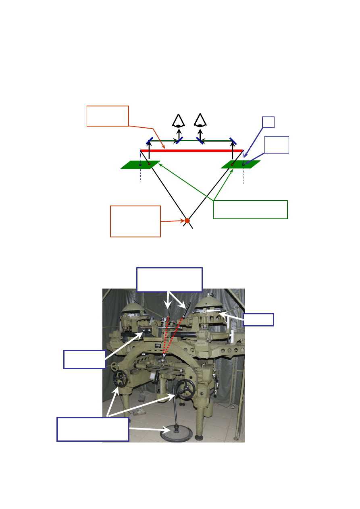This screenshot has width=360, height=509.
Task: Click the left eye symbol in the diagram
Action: click(179, 121)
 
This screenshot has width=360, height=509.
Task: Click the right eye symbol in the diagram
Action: click(200, 121)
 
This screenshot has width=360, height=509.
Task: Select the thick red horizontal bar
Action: click(192, 151)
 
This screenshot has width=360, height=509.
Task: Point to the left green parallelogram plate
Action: click(140, 164)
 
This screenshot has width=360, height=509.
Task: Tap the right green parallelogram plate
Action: click(241, 164)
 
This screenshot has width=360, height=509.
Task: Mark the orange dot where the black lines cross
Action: click(187, 220)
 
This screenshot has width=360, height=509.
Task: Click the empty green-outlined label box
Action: click(250, 210)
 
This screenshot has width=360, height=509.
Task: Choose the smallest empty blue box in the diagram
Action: click(268, 123)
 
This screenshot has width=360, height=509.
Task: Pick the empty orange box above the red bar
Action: click(108, 116)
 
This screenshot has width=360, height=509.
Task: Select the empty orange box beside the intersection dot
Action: click(135, 221)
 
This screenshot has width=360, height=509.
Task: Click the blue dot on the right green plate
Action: click(243, 164)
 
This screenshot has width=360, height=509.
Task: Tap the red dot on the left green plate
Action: click(149, 164)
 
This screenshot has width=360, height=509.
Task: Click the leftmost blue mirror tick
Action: click(149, 141)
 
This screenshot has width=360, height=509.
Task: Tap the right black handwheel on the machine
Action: click(187, 388)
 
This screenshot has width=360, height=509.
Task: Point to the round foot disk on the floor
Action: click(176, 434)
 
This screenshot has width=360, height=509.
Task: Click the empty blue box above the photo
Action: click(169, 279)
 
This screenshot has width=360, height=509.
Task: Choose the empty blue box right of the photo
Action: click(259, 320)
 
